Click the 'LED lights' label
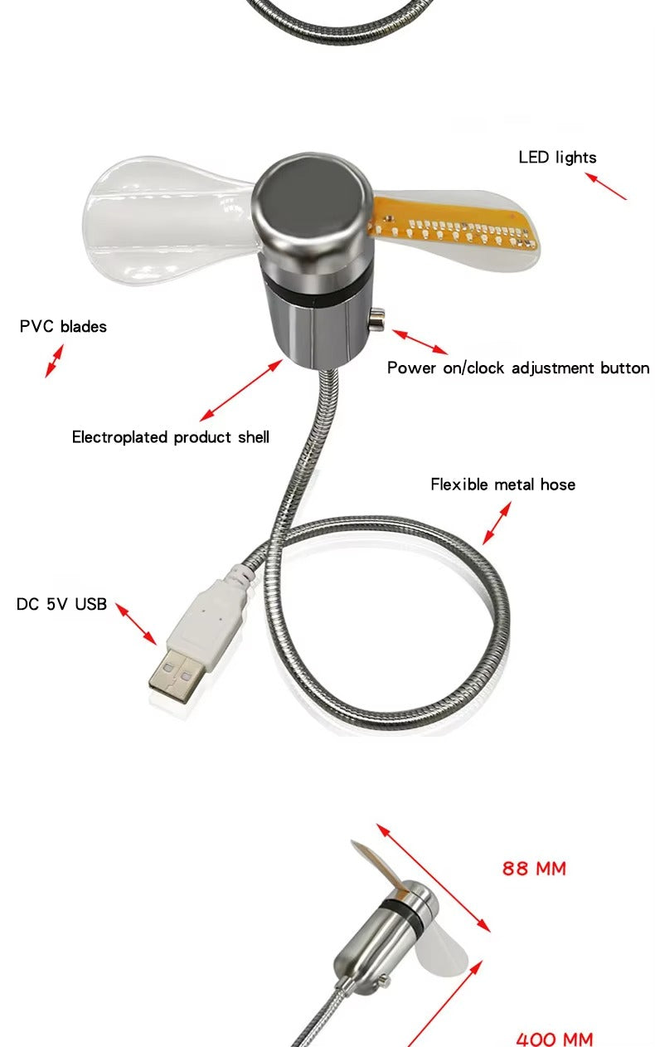point(557,158)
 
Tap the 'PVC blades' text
point(63,326)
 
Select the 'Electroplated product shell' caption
point(171,437)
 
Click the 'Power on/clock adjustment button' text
point(518,368)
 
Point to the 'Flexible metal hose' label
point(502,485)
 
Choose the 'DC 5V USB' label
point(61,604)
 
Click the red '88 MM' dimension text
point(534,869)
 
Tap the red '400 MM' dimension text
point(555,1039)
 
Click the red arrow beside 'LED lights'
point(605,186)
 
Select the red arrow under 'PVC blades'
point(54,361)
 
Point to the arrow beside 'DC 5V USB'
point(136,624)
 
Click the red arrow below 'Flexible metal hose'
point(496,523)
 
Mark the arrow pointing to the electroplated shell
point(241,390)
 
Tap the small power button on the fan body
point(376,319)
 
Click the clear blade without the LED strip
point(169,219)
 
